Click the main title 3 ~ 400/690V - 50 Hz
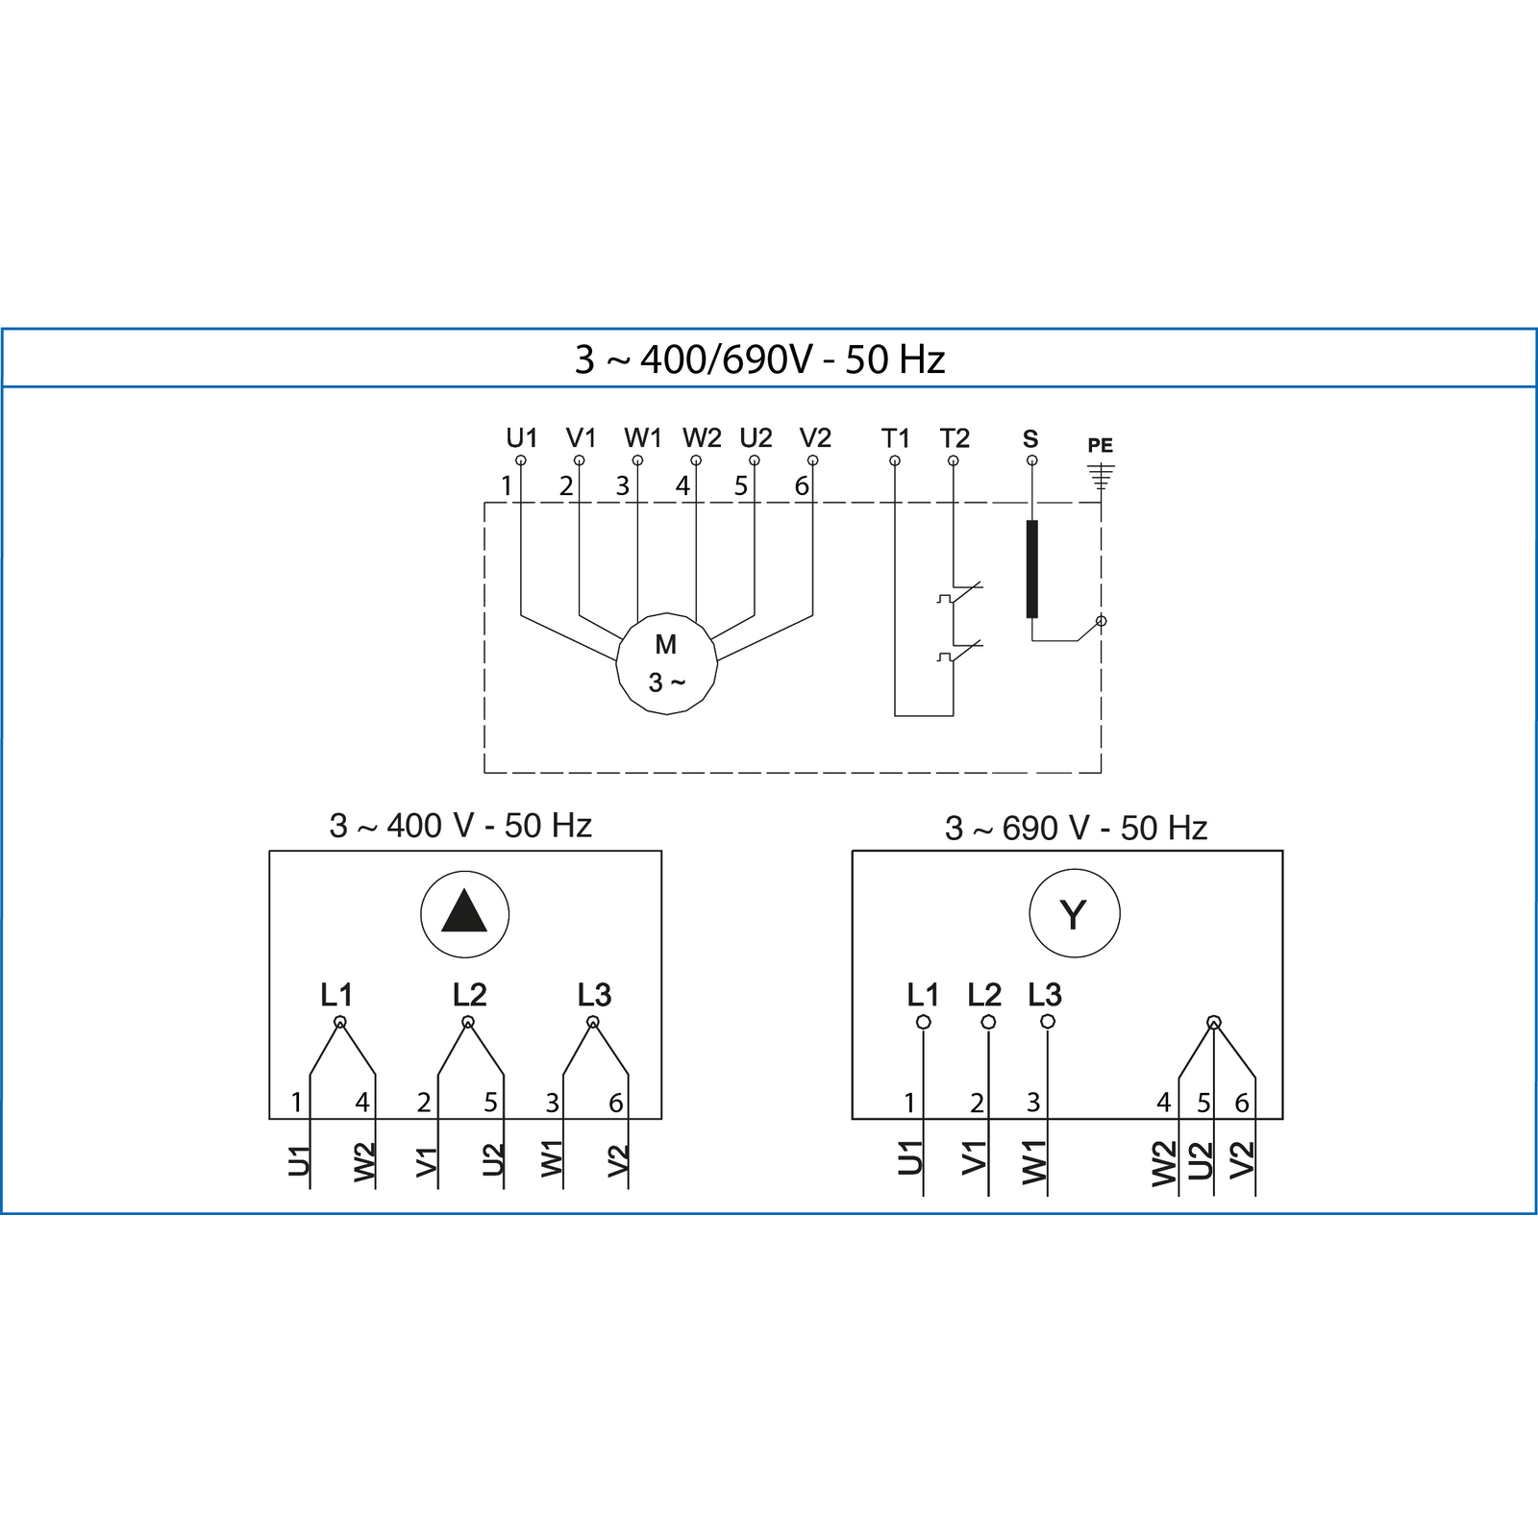point(759,360)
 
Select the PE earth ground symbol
point(1101,476)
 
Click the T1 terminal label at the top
point(895,438)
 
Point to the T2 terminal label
point(955,438)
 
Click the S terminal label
point(1030,439)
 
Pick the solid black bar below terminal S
point(1032,569)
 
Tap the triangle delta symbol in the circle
point(464,911)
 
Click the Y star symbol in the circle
point(1073,914)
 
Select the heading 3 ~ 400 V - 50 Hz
point(460,826)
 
